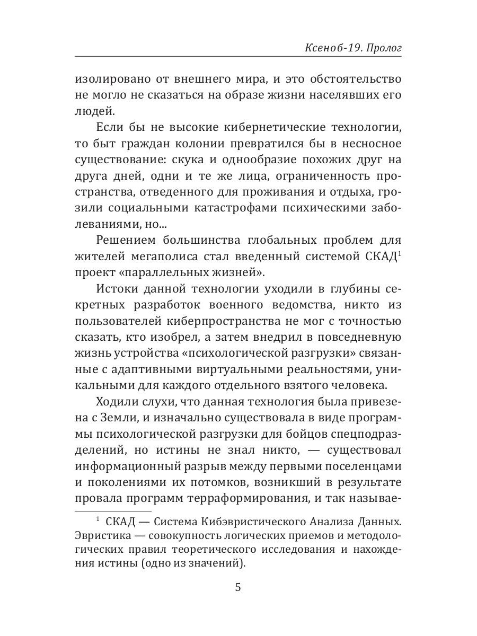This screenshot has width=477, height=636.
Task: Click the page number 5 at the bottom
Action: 238,587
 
